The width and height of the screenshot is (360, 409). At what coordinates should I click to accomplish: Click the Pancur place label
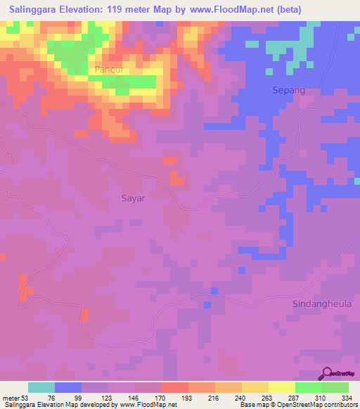[x=109, y=70]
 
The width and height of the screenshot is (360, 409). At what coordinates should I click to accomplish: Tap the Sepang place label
[x=288, y=91]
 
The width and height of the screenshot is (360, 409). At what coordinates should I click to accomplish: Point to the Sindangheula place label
[x=321, y=303]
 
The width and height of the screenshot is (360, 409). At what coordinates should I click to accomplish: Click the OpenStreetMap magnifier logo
[x=327, y=373]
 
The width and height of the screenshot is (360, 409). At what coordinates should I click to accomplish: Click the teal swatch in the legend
[x=41, y=387]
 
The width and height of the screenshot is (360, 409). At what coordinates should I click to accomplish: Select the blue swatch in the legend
[x=68, y=387]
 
